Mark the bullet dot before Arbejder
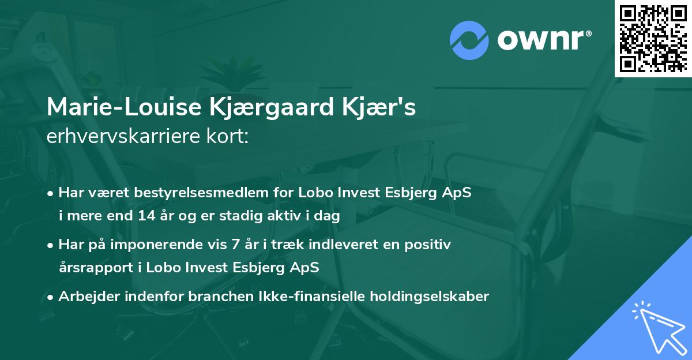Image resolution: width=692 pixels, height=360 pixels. click(51, 297)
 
